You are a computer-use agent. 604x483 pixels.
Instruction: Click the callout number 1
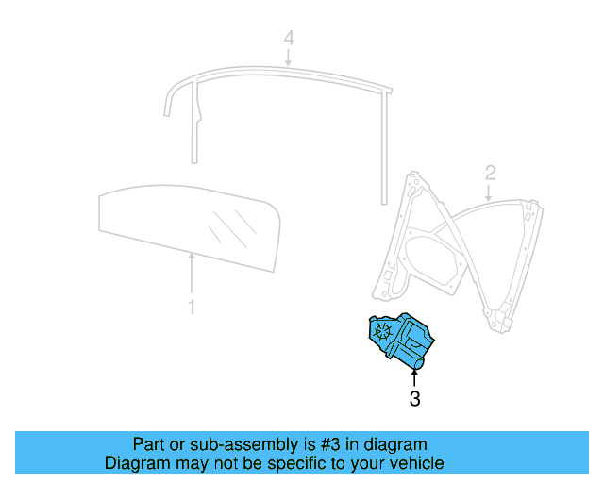point(191,307)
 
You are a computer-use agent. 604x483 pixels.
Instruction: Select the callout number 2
point(490,172)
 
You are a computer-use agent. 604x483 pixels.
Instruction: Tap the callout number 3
point(414,399)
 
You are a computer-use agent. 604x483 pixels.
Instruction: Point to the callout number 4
point(290,39)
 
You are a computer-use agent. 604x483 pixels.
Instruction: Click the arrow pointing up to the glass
point(191,274)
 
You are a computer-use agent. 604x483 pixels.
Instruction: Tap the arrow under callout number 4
point(290,58)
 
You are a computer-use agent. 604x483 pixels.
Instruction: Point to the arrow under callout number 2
point(487,192)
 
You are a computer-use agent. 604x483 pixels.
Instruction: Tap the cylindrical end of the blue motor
point(419,359)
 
